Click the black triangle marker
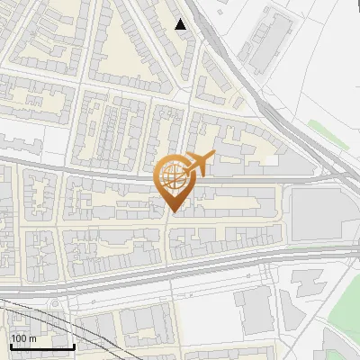point(181,24)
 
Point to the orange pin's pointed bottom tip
point(171,212)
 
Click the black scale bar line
point(42,346)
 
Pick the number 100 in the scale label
point(18,337)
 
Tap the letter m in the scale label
point(32,337)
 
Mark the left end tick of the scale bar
point(11,345)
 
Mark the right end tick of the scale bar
point(74,345)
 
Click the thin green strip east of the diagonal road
point(320,130)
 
